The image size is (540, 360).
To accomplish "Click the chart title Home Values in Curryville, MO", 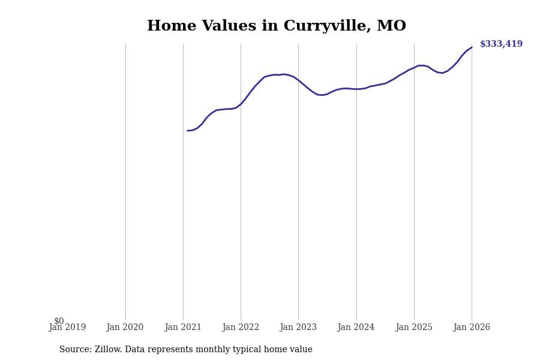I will [277, 26].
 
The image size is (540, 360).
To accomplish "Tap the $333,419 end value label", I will [501, 44].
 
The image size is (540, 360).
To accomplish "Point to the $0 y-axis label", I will [59, 321].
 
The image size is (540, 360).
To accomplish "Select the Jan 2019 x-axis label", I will [67, 328].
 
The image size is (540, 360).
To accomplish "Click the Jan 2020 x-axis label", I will [125, 328].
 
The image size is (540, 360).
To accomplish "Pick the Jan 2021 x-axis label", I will [183, 328].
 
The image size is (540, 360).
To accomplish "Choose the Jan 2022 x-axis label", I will [241, 328].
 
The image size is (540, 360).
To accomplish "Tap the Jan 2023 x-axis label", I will [298, 328].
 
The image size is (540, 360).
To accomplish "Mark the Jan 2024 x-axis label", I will [356, 328].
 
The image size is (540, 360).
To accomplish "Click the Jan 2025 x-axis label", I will [414, 328].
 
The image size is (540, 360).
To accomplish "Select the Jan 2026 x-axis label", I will [472, 328].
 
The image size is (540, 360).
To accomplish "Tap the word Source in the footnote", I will [75, 350].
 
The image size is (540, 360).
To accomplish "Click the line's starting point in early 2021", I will [188, 131].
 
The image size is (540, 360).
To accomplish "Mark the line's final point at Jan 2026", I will [472, 47].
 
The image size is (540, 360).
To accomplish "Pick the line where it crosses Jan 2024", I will [356, 89].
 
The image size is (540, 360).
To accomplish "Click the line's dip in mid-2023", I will [322, 95].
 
